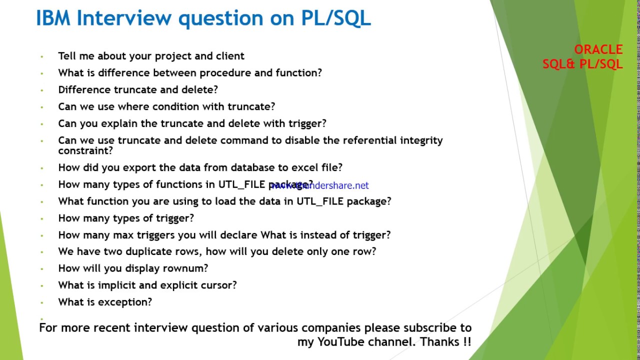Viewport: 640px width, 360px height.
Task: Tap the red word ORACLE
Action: tap(598, 49)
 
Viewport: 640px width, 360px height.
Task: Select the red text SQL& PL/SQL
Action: tap(582, 64)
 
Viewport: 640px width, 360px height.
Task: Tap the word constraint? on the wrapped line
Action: tap(85, 150)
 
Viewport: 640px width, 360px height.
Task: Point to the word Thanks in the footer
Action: tap(438, 342)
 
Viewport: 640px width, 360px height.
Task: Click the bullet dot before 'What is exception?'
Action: tap(42, 302)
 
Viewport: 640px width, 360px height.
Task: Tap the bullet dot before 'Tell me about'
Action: tap(42, 56)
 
